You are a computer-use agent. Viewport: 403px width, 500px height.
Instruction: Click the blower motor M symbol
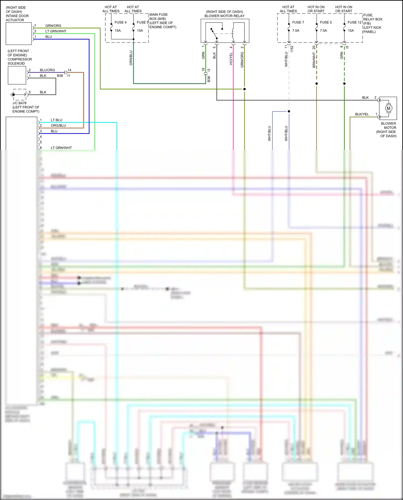[x=388, y=108]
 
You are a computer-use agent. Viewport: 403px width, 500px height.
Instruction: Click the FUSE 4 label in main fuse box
[x=120, y=22]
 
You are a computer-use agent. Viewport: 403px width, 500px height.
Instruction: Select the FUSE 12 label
[x=354, y=22]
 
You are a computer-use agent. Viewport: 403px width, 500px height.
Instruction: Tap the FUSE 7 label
[x=298, y=22]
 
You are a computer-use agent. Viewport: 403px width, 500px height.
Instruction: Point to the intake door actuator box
[x=19, y=34]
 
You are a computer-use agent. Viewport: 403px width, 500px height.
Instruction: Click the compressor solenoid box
[x=17, y=75]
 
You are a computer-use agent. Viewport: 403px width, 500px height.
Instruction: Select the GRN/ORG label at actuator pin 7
[x=53, y=26]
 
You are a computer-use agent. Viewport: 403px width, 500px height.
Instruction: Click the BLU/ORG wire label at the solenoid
[x=47, y=70]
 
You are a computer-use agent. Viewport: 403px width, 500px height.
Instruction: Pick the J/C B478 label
[x=19, y=103]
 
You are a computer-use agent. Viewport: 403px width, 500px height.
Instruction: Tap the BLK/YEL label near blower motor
[x=362, y=114]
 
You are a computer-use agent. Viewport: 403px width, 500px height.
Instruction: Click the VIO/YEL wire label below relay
[x=231, y=59]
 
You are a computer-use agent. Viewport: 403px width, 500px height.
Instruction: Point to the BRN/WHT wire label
[x=314, y=60]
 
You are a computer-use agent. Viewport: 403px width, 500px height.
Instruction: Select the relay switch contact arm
[x=214, y=33]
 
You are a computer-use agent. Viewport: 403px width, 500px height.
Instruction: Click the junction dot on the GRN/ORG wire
[x=244, y=89]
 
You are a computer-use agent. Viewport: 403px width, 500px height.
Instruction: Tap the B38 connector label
[x=209, y=79]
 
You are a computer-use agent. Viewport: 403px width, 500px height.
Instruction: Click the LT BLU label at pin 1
[x=56, y=120]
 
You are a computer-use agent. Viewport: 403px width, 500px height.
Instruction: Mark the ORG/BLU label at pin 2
[x=58, y=125]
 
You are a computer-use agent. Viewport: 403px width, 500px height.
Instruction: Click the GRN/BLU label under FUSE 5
[x=131, y=58]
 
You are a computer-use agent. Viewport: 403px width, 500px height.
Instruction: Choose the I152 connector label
[x=292, y=49]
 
